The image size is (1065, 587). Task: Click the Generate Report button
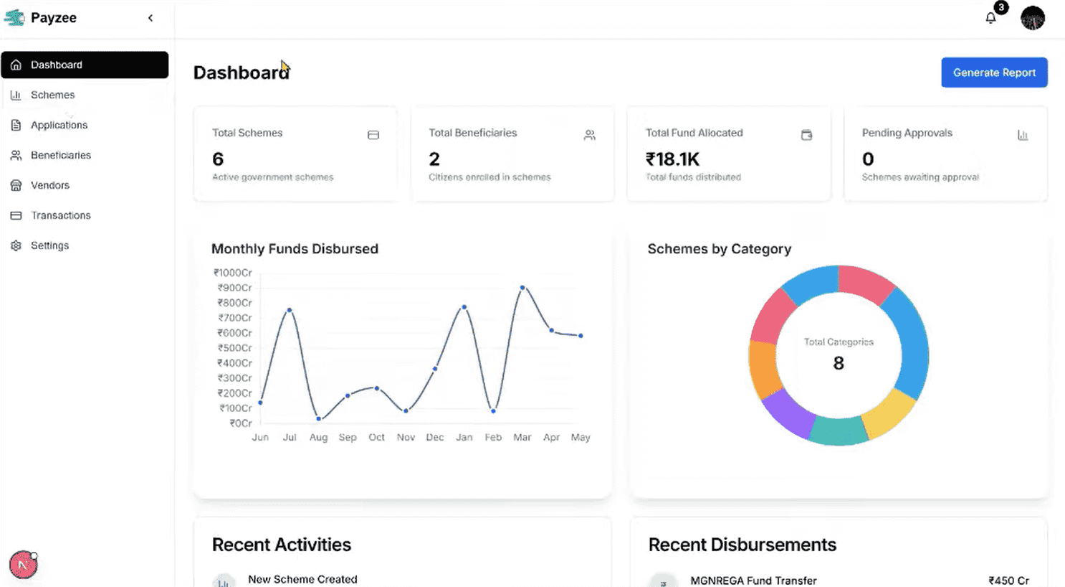coord(994,72)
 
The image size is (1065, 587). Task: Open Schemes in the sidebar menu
coord(52,95)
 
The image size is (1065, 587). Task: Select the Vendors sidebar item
coord(49,185)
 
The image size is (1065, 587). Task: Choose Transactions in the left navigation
coord(60,215)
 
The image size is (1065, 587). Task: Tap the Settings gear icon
coord(16,245)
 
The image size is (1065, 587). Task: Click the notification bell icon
coord(990,18)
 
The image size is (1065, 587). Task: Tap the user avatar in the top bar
coord(1033,18)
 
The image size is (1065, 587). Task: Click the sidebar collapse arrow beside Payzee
coord(151,18)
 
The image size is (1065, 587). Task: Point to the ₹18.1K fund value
coord(672,159)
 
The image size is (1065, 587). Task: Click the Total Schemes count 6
coord(218,159)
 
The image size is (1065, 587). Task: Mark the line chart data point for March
coord(522,287)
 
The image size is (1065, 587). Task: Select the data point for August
coord(318,418)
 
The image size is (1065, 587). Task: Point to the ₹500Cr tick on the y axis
coord(235,348)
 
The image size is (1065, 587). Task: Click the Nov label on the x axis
coord(406,437)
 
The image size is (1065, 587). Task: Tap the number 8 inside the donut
coord(839,363)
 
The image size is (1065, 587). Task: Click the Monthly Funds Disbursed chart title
coord(295,249)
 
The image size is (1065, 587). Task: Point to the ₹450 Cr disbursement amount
coord(1008,581)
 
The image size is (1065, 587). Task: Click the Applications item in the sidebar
coord(59,125)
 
